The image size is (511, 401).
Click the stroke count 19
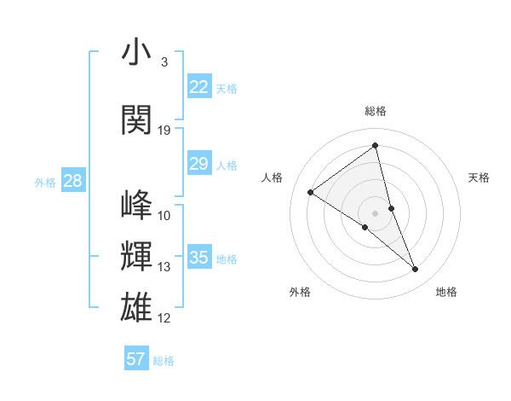[x=164, y=131]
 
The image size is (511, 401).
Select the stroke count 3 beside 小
[x=164, y=63]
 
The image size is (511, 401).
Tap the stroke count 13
[x=164, y=267]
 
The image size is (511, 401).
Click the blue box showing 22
[x=198, y=87]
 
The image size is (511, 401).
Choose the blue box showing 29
[x=198, y=164]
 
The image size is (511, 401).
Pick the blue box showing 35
[x=198, y=258]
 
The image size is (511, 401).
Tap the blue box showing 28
[x=72, y=181]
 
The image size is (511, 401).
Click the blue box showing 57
[x=136, y=359]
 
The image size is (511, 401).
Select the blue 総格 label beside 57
[x=164, y=361]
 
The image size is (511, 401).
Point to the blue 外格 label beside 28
[x=45, y=182]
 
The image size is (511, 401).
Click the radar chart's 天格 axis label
[x=479, y=177]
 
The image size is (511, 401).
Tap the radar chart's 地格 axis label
[x=446, y=292]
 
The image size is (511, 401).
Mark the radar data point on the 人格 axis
[x=311, y=192]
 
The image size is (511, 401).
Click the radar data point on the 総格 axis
[x=375, y=145]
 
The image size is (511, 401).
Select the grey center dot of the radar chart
[x=375, y=212]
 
